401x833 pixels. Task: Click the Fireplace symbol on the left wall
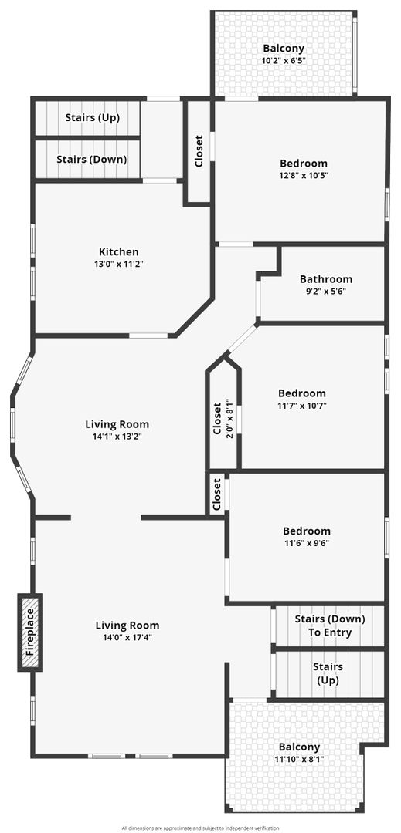pos(30,632)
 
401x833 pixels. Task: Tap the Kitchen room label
pos(118,251)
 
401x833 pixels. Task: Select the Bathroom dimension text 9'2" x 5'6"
pos(325,291)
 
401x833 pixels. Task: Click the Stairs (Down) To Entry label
pos(330,626)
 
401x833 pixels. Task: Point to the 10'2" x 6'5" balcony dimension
pos(284,61)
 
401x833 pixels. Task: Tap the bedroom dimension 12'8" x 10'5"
pos(304,175)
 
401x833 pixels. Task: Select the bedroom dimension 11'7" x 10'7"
pos(302,406)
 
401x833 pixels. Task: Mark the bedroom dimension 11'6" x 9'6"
pos(306,543)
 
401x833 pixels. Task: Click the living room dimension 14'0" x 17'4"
pos(127,638)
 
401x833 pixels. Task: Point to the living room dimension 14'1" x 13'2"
pos(117,437)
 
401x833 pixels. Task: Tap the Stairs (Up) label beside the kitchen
pos(92,117)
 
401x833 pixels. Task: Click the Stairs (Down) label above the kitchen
pos(91,159)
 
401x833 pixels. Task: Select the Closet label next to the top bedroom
pos(199,151)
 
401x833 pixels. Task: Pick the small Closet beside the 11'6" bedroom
pos(217,494)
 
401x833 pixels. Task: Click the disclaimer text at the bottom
pos(201,828)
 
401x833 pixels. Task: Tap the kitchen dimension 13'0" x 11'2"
pos(118,264)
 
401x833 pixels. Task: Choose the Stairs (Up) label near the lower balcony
pos(328,673)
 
